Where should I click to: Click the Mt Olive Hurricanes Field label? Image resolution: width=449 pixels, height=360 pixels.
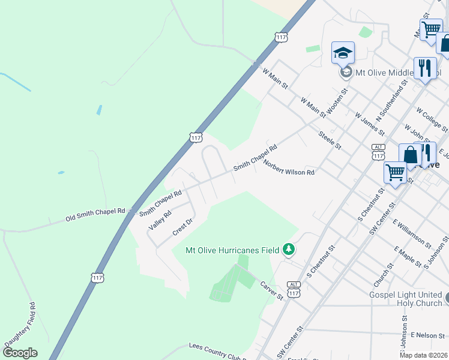[232, 250]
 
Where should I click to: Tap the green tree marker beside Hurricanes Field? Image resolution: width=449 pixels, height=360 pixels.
[289, 249]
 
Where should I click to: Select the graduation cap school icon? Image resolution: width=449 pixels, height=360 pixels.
[343, 53]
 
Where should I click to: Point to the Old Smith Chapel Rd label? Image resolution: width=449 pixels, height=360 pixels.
[96, 215]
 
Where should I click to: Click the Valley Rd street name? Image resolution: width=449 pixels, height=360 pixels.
[159, 221]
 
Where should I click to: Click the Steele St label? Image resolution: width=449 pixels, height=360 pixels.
[330, 140]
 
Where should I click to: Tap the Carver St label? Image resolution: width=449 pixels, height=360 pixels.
[271, 290]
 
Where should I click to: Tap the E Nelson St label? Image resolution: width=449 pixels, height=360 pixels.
[426, 334]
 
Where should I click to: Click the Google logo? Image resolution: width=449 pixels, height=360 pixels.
[20, 353]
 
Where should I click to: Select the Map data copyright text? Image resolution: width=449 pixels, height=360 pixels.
[423, 355]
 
